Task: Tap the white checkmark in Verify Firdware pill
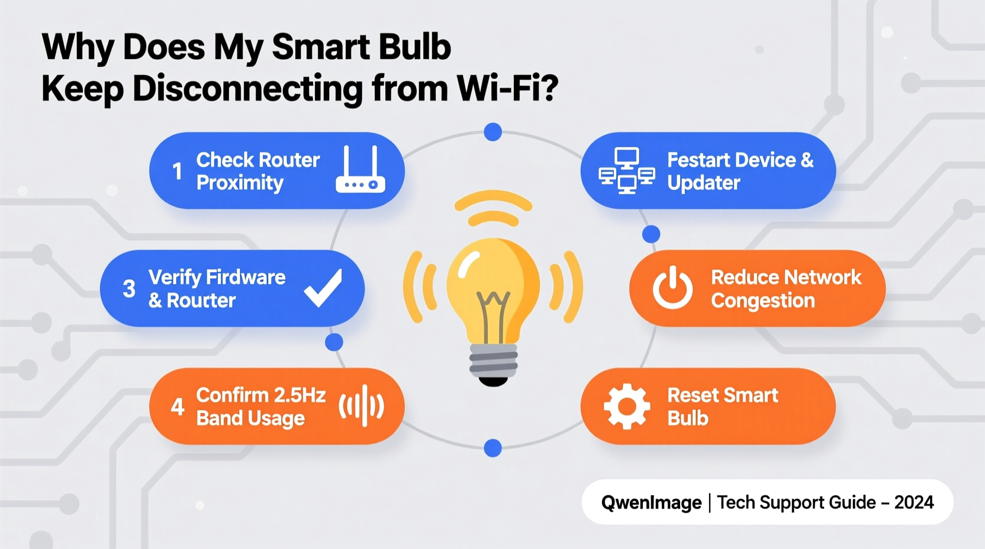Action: click(323, 288)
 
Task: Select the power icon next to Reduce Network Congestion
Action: click(672, 288)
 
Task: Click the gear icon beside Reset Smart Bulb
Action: click(626, 406)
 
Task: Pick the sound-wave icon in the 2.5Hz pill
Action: click(362, 406)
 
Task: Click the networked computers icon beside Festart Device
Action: click(626, 170)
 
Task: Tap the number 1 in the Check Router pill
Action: click(177, 172)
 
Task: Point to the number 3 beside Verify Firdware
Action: click(129, 289)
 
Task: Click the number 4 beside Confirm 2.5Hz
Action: click(177, 407)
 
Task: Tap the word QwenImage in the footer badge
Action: click(651, 503)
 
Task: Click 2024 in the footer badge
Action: click(914, 503)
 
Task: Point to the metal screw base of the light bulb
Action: click(493, 360)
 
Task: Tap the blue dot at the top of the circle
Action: click(492, 132)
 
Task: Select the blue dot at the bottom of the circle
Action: click(492, 448)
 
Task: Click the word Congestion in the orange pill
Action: click(762, 301)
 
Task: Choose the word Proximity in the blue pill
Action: click(240, 183)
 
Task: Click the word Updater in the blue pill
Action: click(703, 183)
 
